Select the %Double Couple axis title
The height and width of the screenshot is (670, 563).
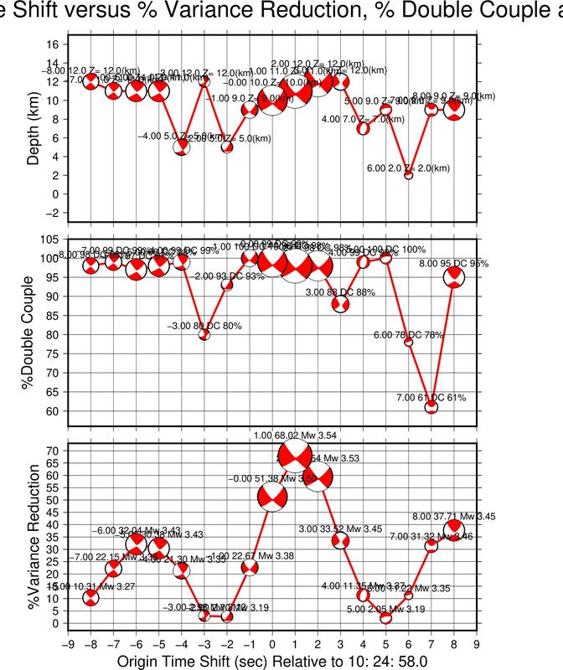[x=34, y=332]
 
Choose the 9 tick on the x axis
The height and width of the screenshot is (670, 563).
[x=477, y=645]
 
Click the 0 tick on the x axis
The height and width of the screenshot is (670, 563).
[x=272, y=645]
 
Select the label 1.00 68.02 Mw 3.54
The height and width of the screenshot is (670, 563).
[x=296, y=435]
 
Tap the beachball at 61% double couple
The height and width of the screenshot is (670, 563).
[x=431, y=407]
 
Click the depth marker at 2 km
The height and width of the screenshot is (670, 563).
[x=409, y=175]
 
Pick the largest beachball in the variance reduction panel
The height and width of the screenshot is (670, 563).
[x=295, y=457]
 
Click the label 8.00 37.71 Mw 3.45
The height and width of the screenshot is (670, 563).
[x=453, y=516]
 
